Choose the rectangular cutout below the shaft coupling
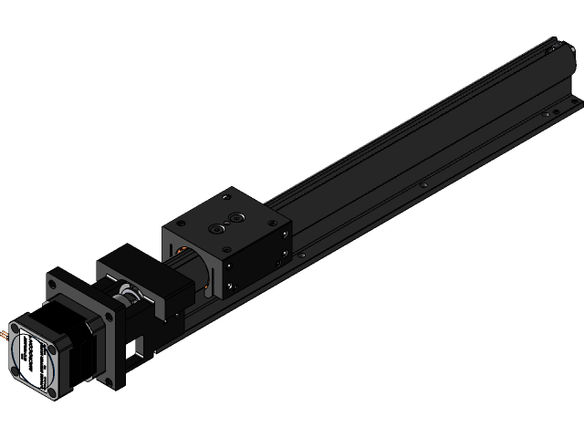tap(138, 345)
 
